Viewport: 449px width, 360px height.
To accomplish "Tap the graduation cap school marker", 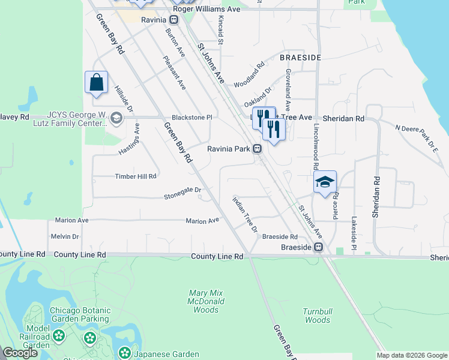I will click(325, 182).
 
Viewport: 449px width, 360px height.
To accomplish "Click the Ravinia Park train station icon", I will click(257, 149).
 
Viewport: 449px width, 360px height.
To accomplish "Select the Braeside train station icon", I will click(320, 247).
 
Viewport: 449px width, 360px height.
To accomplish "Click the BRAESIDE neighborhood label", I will click(300, 57).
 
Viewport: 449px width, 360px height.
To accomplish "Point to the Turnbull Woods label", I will click(317, 316).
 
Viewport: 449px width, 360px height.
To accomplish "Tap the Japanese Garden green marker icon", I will click(124, 353).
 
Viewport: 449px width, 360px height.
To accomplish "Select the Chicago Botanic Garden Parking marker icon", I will click(90, 337).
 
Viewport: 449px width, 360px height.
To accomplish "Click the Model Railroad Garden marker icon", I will click(58, 335).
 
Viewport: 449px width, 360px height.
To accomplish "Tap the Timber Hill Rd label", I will click(136, 176).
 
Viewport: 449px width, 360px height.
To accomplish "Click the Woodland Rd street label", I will click(249, 74).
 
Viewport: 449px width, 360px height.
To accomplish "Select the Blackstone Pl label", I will click(191, 118).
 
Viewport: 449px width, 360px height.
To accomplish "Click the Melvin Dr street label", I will click(65, 236).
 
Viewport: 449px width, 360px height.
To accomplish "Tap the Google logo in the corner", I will click(20, 353).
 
